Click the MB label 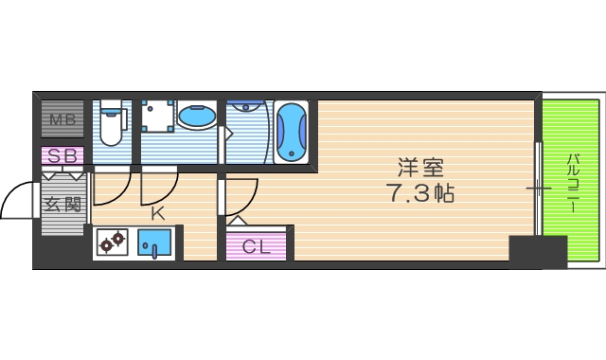tap(62, 119)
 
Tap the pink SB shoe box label tap(62, 155)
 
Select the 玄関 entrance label tap(62, 202)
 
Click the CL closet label tap(257, 247)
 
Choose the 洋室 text tap(420, 169)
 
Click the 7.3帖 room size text tap(420, 194)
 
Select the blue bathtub tap(292, 133)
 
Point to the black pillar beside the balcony tap(537, 251)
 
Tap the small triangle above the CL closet tap(237, 221)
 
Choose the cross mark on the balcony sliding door tap(538, 189)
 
